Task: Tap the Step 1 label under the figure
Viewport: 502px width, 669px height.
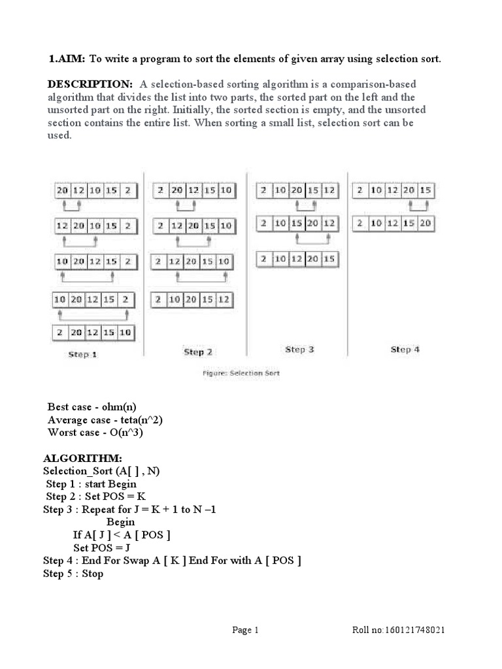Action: [84, 354]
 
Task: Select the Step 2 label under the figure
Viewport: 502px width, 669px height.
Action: [197, 352]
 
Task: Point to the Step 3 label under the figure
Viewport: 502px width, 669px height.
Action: [299, 350]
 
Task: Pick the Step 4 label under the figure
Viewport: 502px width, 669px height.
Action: [405, 350]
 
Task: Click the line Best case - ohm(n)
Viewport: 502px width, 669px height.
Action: [92, 406]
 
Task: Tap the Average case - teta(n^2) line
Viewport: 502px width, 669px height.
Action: [104, 419]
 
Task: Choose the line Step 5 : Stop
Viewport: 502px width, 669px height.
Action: [73, 574]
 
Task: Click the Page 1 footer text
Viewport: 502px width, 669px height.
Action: [246, 630]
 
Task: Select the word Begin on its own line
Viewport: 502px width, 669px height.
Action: [121, 522]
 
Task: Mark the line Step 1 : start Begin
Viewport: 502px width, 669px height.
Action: [92, 484]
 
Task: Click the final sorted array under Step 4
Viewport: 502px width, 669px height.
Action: [393, 224]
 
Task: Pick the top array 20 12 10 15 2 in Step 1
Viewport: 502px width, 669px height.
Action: [97, 191]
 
